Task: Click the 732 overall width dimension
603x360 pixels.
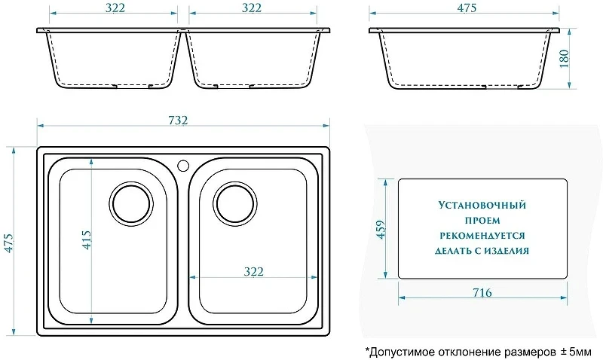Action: tap(178, 121)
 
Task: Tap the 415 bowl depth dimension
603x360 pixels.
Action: tap(87, 240)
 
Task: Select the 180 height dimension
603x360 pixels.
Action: tap(564, 59)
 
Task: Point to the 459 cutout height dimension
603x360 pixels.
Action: tap(381, 230)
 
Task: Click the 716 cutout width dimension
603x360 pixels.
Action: tap(482, 293)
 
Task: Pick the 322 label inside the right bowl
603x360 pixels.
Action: tap(254, 272)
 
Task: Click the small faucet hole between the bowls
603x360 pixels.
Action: tap(183, 166)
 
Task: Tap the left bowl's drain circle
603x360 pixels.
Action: tap(131, 204)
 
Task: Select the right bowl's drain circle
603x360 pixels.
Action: tap(235, 203)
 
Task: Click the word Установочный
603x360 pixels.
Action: tap(482, 205)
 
